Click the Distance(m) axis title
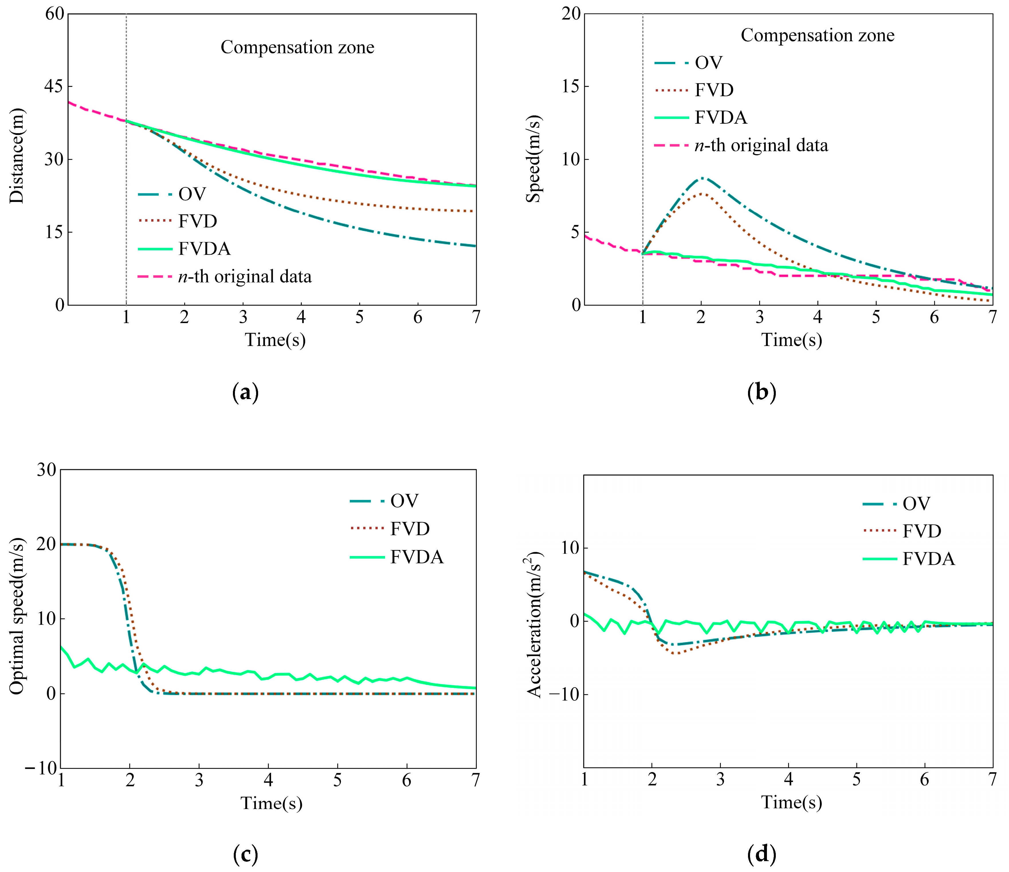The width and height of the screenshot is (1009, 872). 17,156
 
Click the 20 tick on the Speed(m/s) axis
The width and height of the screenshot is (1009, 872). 571,14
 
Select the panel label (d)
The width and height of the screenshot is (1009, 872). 761,853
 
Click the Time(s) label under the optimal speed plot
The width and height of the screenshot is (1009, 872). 271,803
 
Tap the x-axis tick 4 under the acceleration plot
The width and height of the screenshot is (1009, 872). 788,780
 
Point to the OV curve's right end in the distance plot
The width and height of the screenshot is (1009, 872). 475,246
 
